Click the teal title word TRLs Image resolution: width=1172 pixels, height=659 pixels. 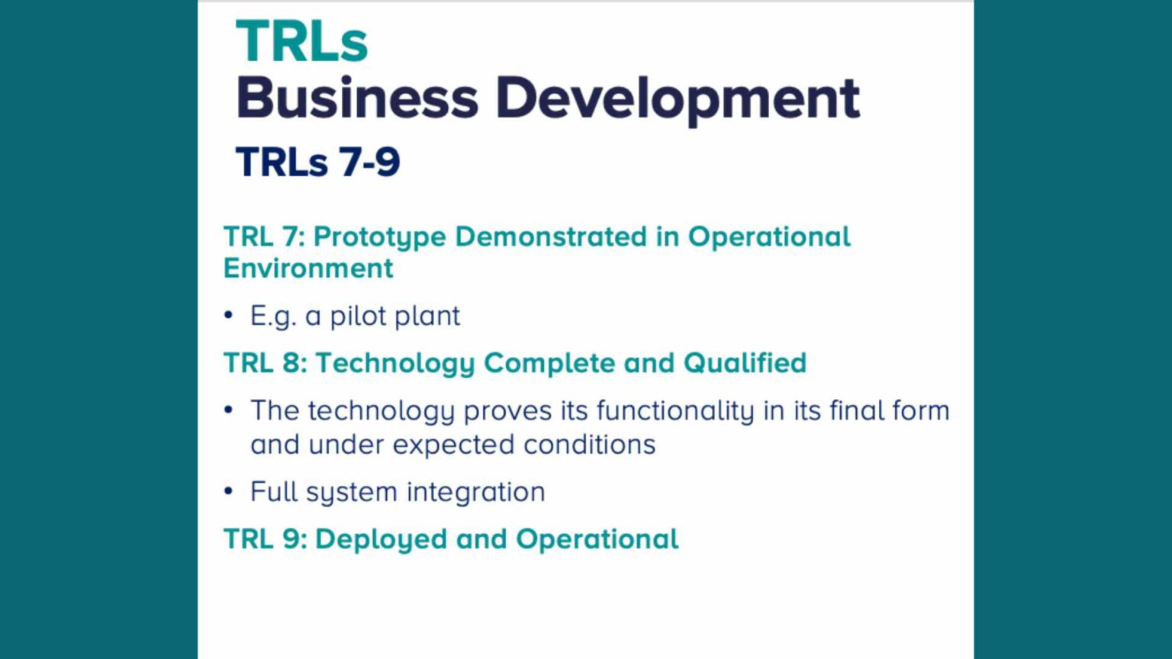coord(302,42)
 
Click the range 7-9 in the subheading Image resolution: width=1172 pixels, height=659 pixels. coord(369,162)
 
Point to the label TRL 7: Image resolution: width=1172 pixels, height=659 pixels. coord(264,236)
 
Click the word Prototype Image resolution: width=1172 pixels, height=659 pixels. coord(379,237)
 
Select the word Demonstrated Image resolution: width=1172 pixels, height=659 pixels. coord(550,236)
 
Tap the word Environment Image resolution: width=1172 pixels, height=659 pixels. coord(308,268)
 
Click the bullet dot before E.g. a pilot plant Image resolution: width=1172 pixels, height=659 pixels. coord(228,315)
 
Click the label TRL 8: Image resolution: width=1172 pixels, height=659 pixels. coord(265,363)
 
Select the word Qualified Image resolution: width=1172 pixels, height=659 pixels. coord(745,363)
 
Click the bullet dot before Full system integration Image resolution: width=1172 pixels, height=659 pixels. coord(228,491)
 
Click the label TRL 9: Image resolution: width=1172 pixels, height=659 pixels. coord(265,539)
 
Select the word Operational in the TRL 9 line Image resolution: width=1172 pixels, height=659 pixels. coord(597,539)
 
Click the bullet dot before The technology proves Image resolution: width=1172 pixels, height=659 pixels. coord(228,410)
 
